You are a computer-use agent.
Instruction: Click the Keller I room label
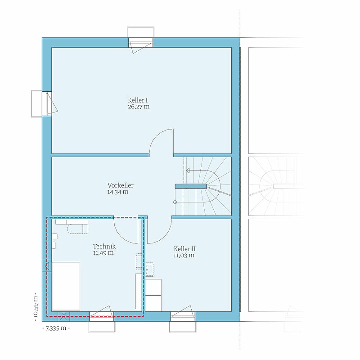click(x=138, y=100)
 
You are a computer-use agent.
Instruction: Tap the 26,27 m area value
click(x=139, y=107)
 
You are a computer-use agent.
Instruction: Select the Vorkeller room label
click(x=120, y=185)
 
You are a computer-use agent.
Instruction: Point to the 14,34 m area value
click(x=118, y=192)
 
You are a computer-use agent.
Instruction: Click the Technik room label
click(x=104, y=246)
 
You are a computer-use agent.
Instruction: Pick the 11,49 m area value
click(x=103, y=253)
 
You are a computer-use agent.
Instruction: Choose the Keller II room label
click(x=184, y=249)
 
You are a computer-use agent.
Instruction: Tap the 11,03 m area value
click(x=184, y=255)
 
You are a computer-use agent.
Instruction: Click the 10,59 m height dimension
click(x=36, y=307)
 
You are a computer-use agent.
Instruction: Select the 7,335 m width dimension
click(x=56, y=328)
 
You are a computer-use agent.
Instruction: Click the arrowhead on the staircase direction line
click(x=188, y=171)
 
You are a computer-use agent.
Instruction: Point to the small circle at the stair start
click(x=175, y=202)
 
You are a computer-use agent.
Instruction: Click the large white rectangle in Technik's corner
click(x=66, y=286)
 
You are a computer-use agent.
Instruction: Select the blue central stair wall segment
click(x=191, y=186)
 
